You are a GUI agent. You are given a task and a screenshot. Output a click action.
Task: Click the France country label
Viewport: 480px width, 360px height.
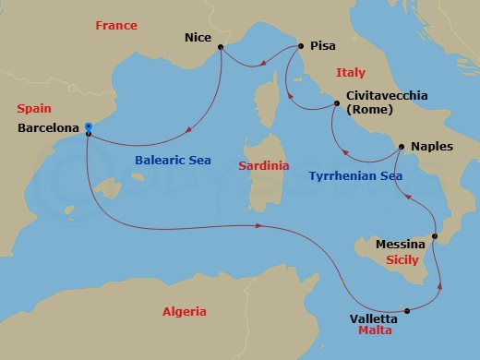click(115, 26)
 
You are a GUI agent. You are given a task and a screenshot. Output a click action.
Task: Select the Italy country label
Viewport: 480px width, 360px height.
click(351, 73)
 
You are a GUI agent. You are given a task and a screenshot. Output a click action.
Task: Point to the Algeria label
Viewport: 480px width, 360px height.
click(184, 311)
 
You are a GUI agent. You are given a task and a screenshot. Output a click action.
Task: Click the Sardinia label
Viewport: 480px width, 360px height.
click(264, 166)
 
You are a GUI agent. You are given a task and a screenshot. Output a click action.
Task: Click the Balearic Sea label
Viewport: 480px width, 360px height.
click(173, 160)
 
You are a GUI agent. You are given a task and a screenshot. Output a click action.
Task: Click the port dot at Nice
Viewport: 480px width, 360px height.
click(221, 47)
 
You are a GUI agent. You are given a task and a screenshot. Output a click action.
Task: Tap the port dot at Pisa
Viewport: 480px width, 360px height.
click(300, 45)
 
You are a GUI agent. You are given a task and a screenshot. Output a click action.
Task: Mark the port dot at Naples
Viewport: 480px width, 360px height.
click(401, 147)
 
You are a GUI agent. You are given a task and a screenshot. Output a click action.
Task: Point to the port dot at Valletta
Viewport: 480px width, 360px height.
click(408, 311)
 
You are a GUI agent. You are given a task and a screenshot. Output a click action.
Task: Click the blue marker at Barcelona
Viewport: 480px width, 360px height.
click(88, 126)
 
